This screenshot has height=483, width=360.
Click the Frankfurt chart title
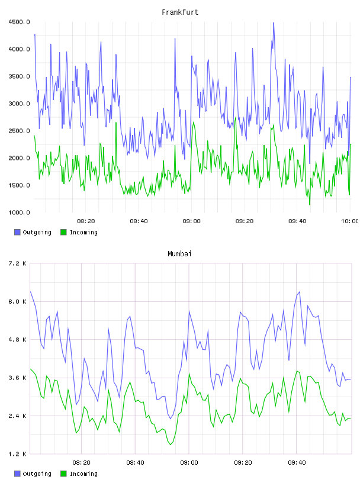[180, 12]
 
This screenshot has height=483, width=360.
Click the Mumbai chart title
[179, 254]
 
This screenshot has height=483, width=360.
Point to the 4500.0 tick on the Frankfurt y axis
[19, 22]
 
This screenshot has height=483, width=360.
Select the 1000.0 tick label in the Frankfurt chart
[19, 212]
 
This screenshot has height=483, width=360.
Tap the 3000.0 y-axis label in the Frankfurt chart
[19, 104]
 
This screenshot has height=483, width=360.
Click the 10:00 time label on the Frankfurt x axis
[349, 221]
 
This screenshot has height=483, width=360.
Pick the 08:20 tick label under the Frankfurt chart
[86, 221]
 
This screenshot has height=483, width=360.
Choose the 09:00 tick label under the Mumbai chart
[189, 463]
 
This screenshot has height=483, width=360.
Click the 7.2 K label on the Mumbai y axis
[18, 263]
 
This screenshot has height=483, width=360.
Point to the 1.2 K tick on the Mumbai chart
[18, 454]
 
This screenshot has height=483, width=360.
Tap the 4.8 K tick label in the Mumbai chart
[18, 340]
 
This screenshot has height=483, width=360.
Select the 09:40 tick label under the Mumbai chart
[297, 463]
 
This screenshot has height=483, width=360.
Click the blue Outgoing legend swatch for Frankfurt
[17, 232]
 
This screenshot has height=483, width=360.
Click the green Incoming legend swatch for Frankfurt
[63, 232]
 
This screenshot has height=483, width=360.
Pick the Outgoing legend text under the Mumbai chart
[37, 474]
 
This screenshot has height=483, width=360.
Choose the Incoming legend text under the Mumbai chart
[83, 474]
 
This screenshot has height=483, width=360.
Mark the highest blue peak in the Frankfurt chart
[274, 23]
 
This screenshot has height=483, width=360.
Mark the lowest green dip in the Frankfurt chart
[310, 204]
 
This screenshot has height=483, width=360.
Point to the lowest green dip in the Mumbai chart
[171, 445]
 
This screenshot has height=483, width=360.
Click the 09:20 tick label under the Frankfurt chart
[245, 221]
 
